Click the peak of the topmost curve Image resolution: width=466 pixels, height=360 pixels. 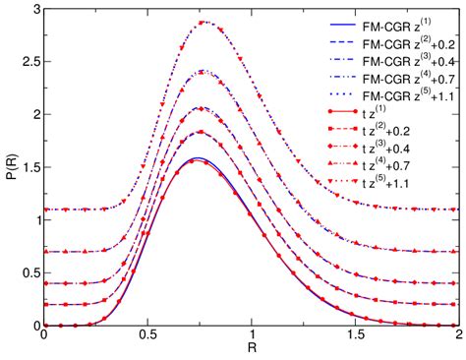204,22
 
